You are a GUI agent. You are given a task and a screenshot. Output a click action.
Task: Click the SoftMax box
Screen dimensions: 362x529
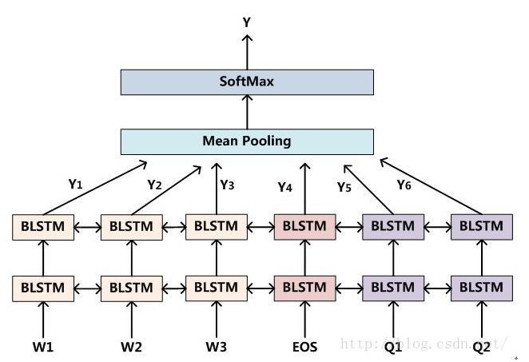(x=247, y=82)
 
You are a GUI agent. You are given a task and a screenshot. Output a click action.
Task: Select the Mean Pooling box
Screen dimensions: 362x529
(x=247, y=141)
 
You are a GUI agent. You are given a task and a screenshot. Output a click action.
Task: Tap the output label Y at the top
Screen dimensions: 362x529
(x=247, y=23)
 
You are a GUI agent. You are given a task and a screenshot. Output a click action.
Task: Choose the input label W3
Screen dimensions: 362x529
(x=216, y=346)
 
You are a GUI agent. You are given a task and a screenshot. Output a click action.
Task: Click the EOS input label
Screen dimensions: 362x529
(x=304, y=346)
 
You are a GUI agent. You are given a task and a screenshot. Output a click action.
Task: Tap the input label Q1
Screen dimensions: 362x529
(x=393, y=346)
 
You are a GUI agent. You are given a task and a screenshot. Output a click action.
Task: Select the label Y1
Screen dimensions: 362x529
(x=76, y=184)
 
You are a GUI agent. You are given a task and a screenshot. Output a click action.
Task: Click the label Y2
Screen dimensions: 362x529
(x=155, y=184)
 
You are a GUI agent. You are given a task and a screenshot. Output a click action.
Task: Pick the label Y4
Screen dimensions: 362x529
(x=286, y=187)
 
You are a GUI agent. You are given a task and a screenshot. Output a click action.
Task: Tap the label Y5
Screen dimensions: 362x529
(x=344, y=187)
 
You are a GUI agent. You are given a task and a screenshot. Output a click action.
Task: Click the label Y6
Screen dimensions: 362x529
(x=404, y=185)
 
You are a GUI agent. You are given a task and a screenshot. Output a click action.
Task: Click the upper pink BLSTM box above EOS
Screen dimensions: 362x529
(x=304, y=226)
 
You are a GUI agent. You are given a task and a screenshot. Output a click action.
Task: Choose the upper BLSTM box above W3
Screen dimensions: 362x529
(x=216, y=226)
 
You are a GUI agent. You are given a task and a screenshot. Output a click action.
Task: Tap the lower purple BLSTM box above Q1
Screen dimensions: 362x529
(x=393, y=286)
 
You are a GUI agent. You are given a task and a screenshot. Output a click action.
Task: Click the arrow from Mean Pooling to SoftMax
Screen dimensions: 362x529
(x=247, y=112)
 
